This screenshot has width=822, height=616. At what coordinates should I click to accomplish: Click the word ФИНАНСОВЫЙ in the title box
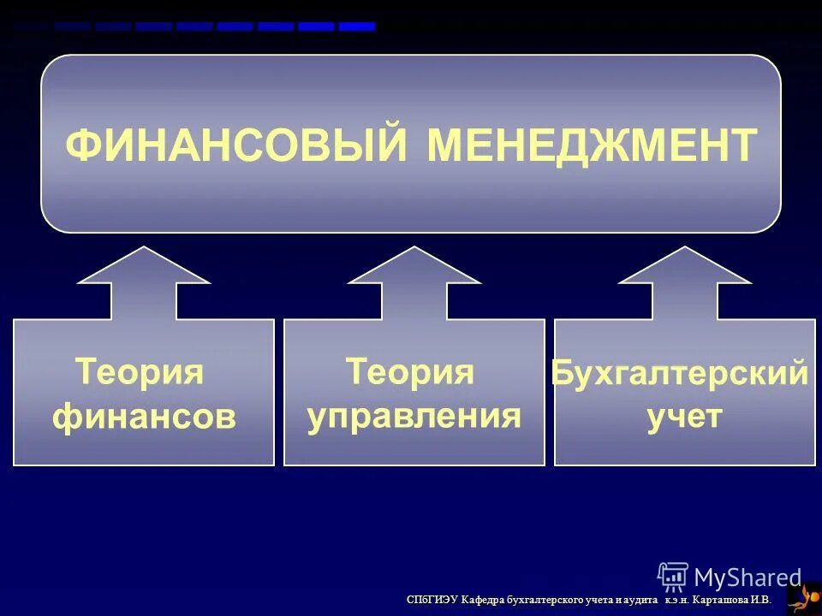pos(236,145)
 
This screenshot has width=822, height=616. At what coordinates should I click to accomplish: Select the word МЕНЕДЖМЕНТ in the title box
pos(592,145)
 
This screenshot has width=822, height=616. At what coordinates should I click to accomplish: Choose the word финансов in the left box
pos(144,418)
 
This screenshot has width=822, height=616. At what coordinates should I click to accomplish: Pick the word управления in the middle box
pos(414,417)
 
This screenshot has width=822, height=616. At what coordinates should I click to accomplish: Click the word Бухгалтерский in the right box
pos(680,375)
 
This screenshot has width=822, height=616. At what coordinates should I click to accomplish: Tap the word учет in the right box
pos(684,418)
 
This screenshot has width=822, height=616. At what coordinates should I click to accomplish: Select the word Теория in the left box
pos(140,373)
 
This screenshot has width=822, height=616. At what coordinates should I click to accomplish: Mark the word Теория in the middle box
pos(410,373)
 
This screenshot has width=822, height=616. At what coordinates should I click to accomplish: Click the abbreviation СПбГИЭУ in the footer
pos(432,601)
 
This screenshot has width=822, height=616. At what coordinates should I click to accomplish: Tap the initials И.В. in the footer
pos(760,601)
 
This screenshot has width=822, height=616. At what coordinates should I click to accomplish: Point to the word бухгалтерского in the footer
pos(546,601)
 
